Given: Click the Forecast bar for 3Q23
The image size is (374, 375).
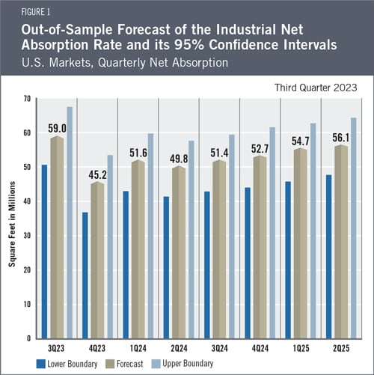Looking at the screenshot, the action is coord(57,237).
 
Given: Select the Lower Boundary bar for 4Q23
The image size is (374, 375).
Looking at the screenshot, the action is coord(85,275).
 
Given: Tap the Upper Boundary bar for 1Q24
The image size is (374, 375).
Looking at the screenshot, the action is coord(150,236).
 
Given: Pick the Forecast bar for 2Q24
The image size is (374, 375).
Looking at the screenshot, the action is coord(179,252).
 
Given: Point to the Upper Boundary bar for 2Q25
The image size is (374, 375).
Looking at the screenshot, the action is coord(354,228).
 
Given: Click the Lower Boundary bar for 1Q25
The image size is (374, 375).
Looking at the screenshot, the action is coord(288,260).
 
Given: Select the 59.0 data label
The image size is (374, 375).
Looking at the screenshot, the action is coord(57,129).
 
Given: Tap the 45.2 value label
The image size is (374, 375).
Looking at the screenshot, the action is coord(97,175).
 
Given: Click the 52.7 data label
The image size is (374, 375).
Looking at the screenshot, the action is coord(260,149).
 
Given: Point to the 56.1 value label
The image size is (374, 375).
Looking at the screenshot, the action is coord(341,138).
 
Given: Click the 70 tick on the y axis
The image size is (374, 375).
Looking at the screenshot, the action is coord(27,99).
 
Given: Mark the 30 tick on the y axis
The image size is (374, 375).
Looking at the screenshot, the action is coord(27,236).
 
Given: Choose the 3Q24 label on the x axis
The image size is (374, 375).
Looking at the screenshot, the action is coord(219,348).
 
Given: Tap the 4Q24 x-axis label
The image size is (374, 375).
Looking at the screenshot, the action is coord(260,348).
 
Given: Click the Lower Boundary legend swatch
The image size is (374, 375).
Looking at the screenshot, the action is coord(41,364).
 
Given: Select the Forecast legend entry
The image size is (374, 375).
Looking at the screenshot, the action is coord(125,364).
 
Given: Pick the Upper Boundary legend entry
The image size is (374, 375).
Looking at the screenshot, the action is coord(183,364).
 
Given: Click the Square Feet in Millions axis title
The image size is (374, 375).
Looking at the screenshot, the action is coord(12,224).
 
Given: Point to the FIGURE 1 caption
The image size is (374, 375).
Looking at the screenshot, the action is coord(36,12).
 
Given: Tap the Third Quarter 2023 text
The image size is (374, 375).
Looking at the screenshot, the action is coord(316,88).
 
